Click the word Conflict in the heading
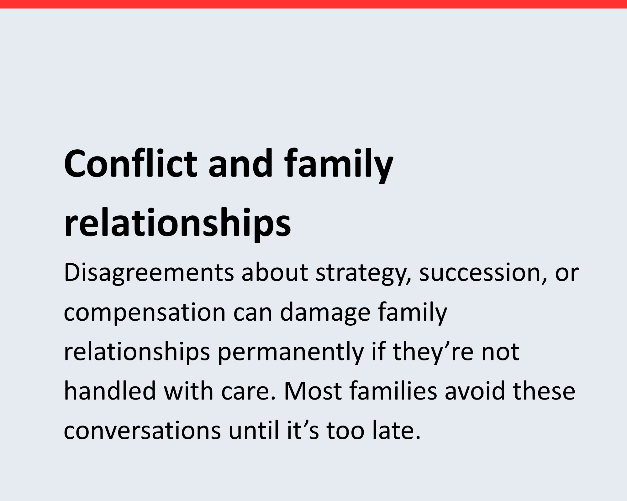(x=130, y=163)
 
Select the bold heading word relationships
(x=177, y=223)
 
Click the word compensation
(x=145, y=313)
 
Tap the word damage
(x=325, y=313)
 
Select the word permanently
(x=291, y=353)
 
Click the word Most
(x=313, y=391)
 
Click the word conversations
(x=142, y=430)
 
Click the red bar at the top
(x=313, y=4)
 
